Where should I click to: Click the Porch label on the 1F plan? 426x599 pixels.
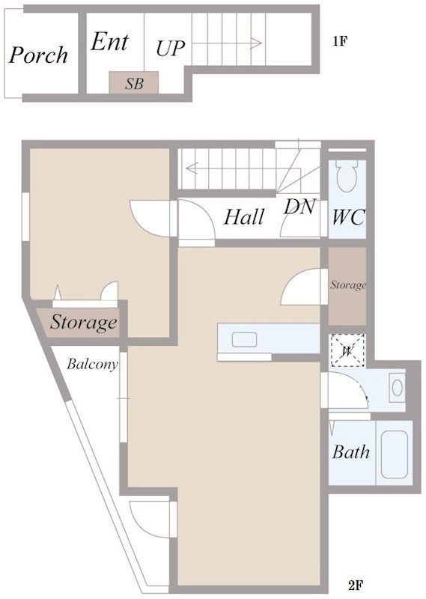tap(39, 55)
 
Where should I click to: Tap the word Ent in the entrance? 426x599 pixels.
tap(109, 41)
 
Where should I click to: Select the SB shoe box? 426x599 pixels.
tap(134, 82)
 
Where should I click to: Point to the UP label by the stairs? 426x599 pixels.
tap(171, 48)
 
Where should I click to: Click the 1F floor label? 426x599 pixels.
tap(340, 41)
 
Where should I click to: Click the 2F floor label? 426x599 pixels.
tap(356, 585)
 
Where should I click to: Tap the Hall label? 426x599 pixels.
tap(244, 217)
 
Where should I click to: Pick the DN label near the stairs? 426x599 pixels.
tap(300, 207)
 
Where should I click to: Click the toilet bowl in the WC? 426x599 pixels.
tap(347, 176)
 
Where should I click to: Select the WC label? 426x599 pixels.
tap(348, 218)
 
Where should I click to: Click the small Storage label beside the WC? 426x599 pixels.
tap(348, 285)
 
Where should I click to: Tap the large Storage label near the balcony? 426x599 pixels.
tap(84, 322)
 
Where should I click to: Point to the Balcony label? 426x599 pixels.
tap(92, 364)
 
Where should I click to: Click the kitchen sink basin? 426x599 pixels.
tap(244, 340)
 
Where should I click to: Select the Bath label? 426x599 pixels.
tap(350, 452)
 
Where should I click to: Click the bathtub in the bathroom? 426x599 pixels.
tap(395, 453)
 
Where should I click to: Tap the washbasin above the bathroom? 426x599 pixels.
tap(398, 388)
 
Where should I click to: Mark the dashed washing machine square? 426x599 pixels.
tap(347, 350)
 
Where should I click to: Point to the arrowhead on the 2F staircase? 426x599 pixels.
tap(192, 168)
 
